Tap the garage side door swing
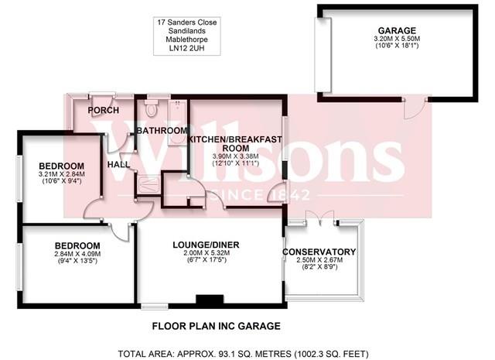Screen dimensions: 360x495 (413, 109)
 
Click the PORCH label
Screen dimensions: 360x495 (103, 110)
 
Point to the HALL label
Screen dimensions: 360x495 (118, 164)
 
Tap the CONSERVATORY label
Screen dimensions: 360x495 (319, 252)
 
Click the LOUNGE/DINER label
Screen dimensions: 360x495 (206, 245)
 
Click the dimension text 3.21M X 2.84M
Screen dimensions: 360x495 (61, 176)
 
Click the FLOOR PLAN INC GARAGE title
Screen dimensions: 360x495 (204, 326)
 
